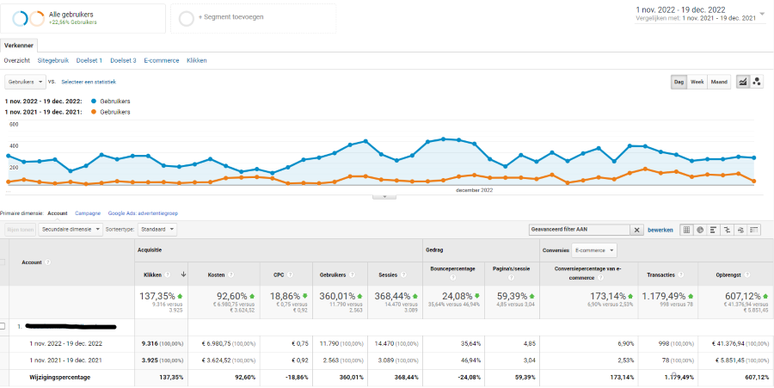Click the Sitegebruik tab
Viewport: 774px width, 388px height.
[52, 60]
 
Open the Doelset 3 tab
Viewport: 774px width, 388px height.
[123, 60]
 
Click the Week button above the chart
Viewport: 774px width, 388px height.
[697, 82]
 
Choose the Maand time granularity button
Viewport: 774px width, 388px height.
[719, 82]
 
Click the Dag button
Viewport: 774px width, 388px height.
[679, 82]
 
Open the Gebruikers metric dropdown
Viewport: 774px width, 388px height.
[25, 82]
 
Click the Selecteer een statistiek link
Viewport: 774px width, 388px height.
[89, 82]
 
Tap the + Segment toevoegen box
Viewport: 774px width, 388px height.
[253, 17]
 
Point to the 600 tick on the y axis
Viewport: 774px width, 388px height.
[14, 124]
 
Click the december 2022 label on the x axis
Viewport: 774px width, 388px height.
[474, 189]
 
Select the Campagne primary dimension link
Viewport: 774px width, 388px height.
[88, 212]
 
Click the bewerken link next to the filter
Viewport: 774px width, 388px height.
[660, 230]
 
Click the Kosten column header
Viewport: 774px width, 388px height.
[216, 274]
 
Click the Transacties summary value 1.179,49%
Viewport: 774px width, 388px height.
[664, 296]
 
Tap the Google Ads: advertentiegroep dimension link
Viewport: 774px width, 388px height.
[143, 212]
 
